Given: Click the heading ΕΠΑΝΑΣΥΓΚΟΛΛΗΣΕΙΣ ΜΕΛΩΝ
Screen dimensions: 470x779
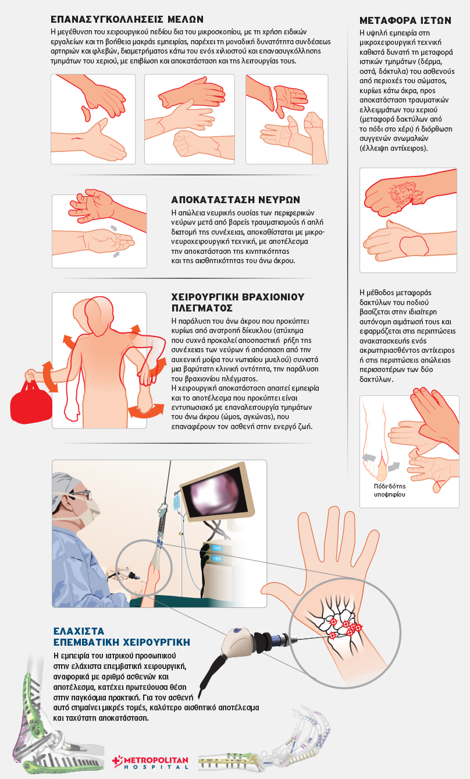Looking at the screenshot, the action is pos(127,19).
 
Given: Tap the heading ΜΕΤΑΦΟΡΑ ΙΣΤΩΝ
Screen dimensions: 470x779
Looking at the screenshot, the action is pos(405,20).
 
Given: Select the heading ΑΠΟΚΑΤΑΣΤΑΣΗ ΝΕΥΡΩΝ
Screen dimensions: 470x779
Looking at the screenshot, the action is pos(236,200).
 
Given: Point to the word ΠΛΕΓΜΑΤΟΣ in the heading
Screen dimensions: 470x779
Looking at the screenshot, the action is pos(202,308).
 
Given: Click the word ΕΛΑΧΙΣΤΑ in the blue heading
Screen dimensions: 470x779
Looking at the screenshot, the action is pos(79,631).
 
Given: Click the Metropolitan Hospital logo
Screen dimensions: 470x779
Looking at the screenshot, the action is pos(151,763).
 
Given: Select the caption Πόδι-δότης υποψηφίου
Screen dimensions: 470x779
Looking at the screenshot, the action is pos(389,490).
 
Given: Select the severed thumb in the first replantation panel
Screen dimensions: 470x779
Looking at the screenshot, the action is pos(86,113).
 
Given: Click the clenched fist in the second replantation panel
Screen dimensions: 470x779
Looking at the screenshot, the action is pos(185,142).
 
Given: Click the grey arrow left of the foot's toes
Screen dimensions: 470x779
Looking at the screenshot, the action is pos(369,458).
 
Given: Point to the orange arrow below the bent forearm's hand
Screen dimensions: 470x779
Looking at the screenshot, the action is pos(146,410).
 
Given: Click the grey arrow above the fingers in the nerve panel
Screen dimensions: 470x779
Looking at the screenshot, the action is pos(113,228).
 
